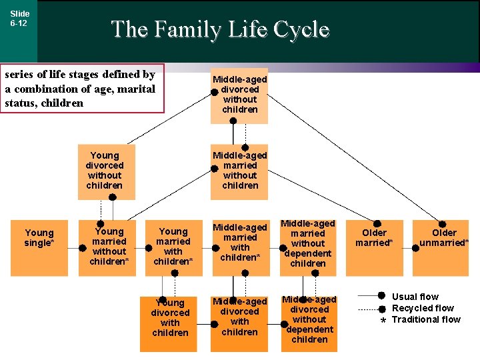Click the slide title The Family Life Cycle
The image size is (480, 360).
pos(220,29)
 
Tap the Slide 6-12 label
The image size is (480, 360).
pos(19,18)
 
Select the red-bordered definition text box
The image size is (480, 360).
pos(82,89)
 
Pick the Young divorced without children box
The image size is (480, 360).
pos(106,171)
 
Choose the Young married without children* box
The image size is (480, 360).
pos(109,247)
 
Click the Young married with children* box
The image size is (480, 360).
pos(173,247)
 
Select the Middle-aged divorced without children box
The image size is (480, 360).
pos(239,95)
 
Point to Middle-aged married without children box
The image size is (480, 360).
pos(239,171)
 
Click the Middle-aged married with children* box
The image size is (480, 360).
pos(239,247)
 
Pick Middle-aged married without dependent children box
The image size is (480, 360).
pos(308,247)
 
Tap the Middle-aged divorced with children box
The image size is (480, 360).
pos(239,323)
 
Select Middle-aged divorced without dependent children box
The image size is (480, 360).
pos(309,323)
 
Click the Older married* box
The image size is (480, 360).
pos(374,247)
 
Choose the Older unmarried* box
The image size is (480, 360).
pos(443,247)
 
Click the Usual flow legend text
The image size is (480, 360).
pos(415,297)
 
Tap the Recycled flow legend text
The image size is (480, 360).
pos(423,308)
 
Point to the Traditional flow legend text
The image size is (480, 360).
pos(426,319)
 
